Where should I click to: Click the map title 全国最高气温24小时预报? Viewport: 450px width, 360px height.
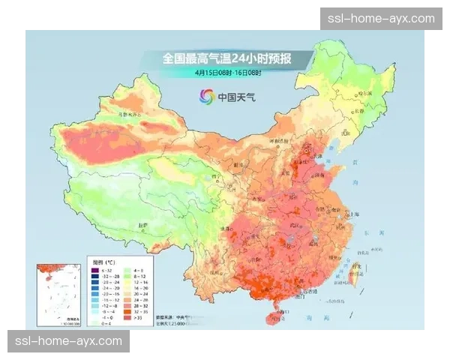(x=226, y=58)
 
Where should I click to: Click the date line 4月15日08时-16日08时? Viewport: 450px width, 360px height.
(x=226, y=73)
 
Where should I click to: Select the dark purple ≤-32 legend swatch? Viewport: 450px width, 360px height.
(x=95, y=269)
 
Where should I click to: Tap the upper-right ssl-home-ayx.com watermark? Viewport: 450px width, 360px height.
(x=381, y=19)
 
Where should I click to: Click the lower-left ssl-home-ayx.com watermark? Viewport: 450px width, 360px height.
(x=69, y=341)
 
